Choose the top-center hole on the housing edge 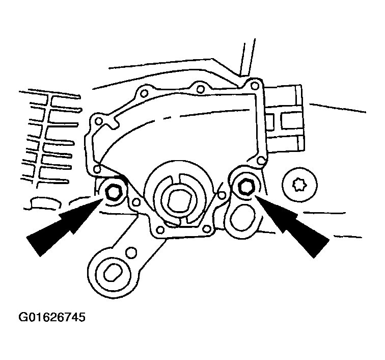[201, 90]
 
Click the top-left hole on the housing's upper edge [145, 92]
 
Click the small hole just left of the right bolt [221, 194]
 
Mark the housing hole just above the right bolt [261, 161]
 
